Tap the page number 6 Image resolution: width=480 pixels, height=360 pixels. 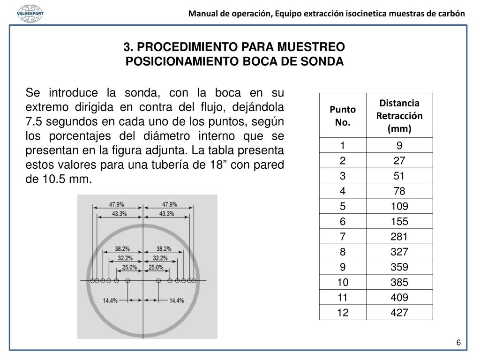(459, 343)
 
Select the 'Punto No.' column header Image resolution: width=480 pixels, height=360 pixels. (343, 115)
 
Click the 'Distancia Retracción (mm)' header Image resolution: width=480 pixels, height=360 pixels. (399, 115)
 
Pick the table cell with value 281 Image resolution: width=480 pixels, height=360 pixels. (399, 237)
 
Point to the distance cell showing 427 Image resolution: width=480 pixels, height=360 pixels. (399, 312)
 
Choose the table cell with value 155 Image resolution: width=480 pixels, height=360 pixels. (399, 222)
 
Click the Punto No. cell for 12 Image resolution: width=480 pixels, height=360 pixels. (343, 312)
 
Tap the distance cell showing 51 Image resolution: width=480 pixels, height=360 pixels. (399, 176)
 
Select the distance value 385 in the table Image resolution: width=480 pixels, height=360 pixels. (399, 282)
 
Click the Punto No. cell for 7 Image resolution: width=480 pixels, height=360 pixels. (343, 237)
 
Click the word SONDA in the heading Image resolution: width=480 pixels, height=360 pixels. (325, 61)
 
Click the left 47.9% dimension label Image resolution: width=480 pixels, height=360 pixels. (117, 204)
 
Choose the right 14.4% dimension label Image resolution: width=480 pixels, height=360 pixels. (176, 300)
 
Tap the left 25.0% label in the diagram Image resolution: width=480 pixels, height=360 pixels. (129, 267)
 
